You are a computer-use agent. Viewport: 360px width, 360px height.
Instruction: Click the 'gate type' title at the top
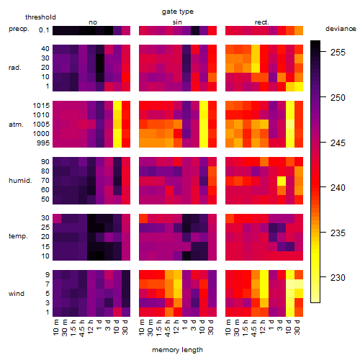178,12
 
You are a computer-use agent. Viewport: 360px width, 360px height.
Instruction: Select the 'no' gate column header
93,22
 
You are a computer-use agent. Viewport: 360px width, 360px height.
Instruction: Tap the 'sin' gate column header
177,22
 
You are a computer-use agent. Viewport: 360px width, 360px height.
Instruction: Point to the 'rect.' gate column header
262,22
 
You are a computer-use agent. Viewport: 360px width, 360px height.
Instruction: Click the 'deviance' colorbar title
341,29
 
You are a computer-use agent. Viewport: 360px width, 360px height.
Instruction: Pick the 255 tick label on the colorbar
338,53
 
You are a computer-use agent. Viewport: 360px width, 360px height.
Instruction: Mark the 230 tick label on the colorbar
338,278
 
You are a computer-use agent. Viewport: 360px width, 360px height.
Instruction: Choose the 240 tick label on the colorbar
338,188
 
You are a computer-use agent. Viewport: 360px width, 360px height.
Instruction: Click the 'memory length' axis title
177,350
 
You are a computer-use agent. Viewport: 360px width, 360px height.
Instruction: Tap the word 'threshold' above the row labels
40,17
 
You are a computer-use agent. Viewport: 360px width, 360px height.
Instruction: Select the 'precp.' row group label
19,29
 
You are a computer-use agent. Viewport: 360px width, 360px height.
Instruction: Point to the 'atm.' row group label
16,125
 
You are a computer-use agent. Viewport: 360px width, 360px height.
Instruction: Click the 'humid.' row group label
20,181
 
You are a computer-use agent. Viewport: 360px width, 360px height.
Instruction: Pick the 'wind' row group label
17,294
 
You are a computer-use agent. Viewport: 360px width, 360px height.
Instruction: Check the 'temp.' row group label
18,236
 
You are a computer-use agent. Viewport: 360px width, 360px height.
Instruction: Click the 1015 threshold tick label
41,106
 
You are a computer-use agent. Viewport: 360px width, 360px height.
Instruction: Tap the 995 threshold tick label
43,143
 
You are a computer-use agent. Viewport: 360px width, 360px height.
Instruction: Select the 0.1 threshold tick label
44,30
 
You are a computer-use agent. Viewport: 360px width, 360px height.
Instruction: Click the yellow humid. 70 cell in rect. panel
282,181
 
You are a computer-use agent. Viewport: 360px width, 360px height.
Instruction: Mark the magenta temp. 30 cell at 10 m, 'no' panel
57,218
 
